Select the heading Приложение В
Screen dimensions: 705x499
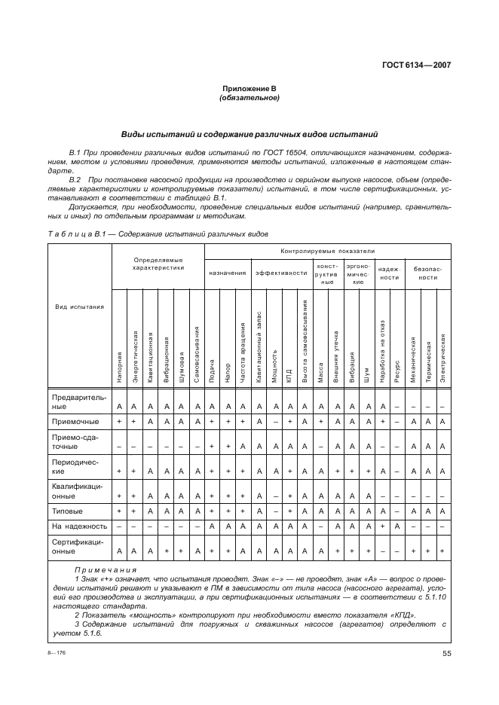pyautogui.click(x=249, y=89)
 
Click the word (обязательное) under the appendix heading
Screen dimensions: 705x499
pyautogui.click(x=249, y=98)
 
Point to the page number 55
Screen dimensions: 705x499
pyautogui.click(x=446, y=654)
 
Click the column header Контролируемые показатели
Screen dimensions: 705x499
pyautogui.click(x=327, y=250)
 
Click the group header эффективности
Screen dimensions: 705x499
pyautogui.click(x=280, y=273)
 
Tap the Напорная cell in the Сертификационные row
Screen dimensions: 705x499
pyautogui.click(x=119, y=551)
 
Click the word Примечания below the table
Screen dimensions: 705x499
pyautogui.click(x=106, y=570)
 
